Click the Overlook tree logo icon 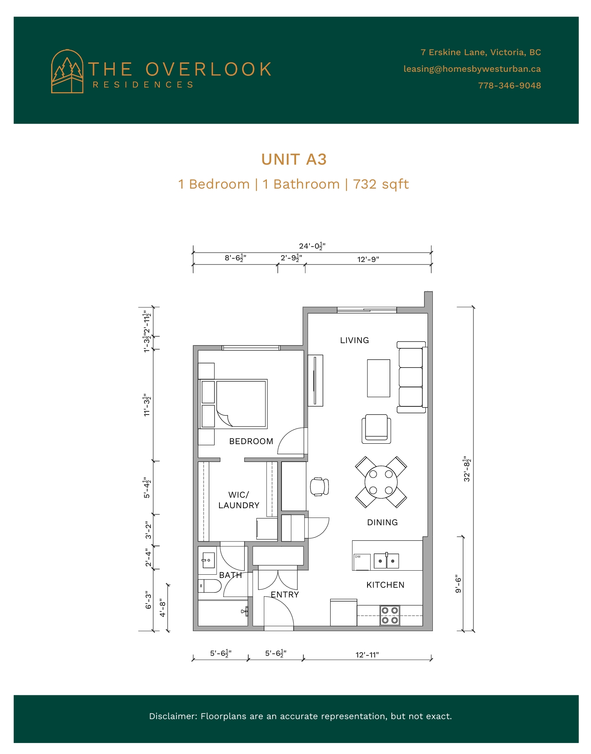click(67, 71)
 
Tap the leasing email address click(472, 69)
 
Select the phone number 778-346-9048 click(509, 86)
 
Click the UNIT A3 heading click(294, 159)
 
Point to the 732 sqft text click(381, 184)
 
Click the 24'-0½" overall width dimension click(312, 246)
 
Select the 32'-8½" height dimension click(467, 469)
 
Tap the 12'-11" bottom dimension click(367, 655)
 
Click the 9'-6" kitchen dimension click(458, 584)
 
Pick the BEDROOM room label click(251, 441)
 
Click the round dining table click(381, 482)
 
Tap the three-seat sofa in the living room click(411, 377)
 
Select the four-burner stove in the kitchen click(390, 615)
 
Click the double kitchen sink click(386, 561)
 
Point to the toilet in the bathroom click(210, 586)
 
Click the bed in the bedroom click(233, 404)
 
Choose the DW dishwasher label click(358, 556)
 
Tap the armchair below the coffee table click(376, 428)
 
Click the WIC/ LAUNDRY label click(239, 500)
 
